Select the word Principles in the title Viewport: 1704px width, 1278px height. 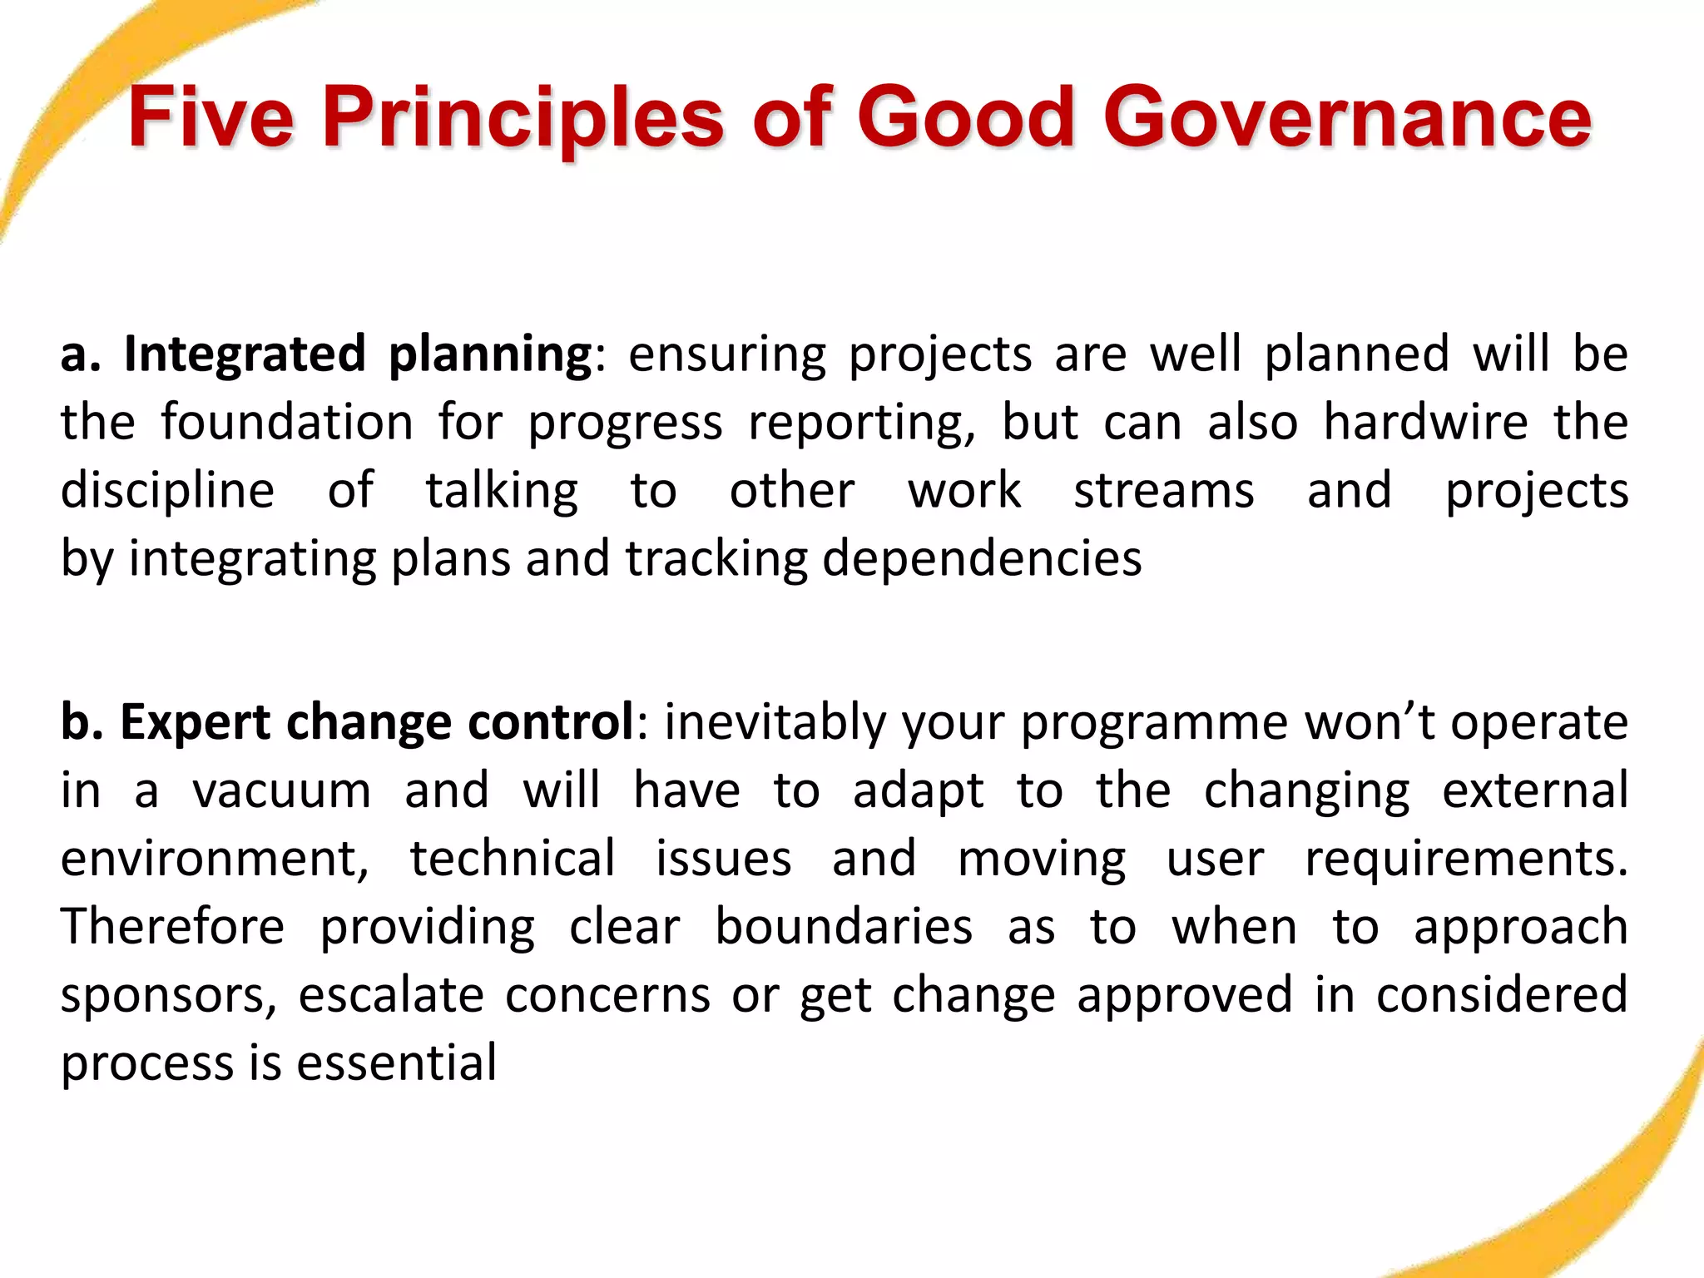click(523, 118)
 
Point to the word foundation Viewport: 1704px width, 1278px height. click(287, 422)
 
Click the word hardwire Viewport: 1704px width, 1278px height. click(1425, 422)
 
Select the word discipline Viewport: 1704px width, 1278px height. click(167, 491)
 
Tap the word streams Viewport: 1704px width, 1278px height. click(1163, 490)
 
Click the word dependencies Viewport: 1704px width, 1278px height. click(982, 558)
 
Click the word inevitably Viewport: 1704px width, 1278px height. click(775, 722)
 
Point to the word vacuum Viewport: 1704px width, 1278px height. click(281, 790)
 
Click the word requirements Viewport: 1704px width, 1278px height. click(1465, 859)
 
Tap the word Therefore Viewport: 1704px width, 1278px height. click(172, 927)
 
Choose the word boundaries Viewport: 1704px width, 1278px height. click(843, 927)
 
